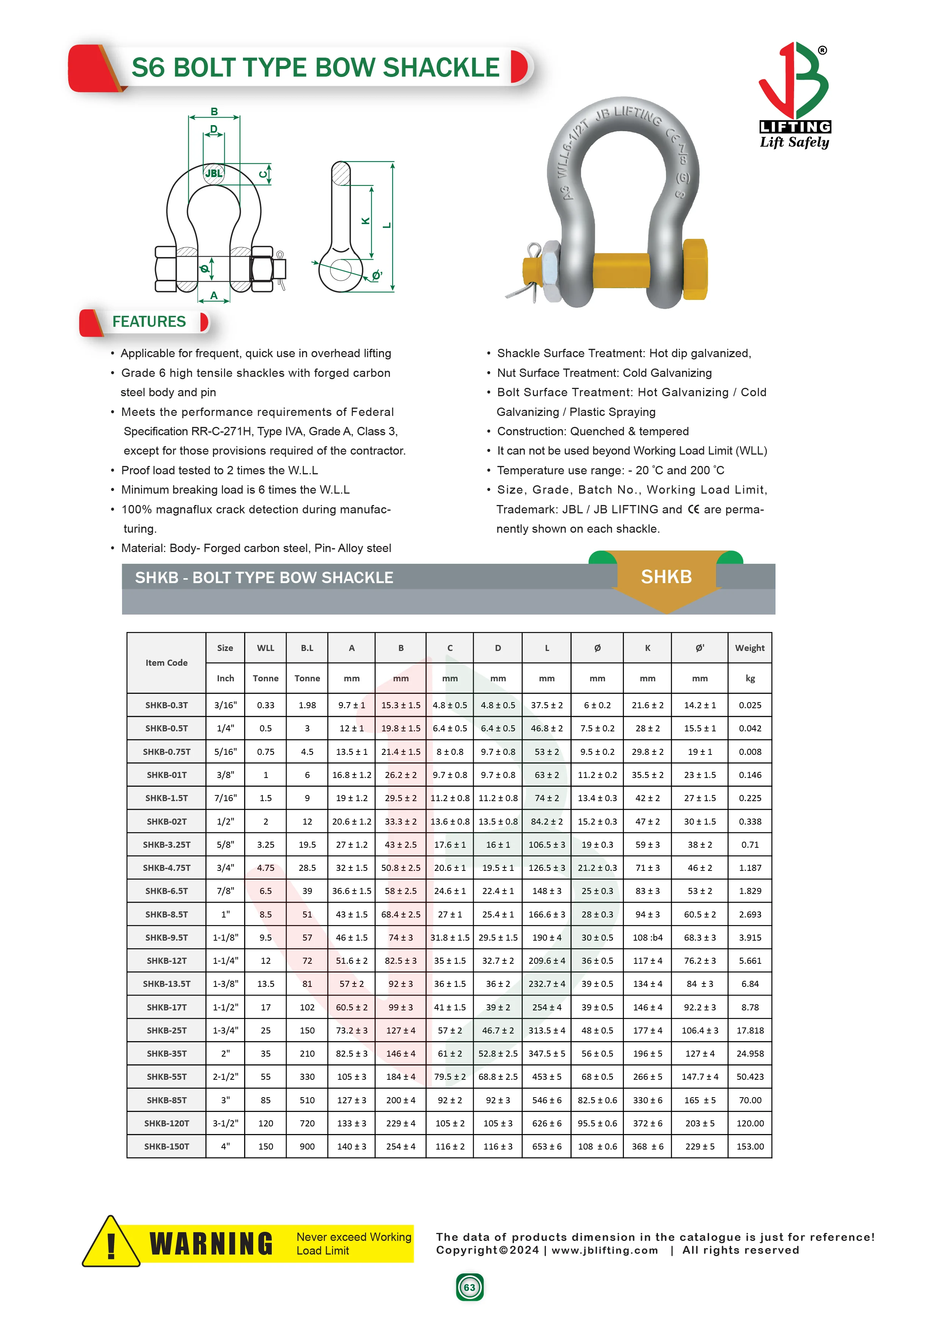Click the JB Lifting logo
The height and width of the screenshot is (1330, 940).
tap(794, 96)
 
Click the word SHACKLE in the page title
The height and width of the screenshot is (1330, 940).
tap(441, 68)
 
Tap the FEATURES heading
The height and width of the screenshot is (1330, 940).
tap(149, 322)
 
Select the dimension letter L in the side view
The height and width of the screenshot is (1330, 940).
tap(387, 225)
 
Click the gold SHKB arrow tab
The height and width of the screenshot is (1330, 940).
tap(666, 577)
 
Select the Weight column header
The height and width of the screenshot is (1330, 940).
tap(749, 648)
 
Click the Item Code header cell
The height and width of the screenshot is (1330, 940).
tap(166, 663)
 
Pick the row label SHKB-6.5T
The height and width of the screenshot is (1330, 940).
tap(166, 891)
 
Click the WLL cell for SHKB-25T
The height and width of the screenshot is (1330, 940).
tap(265, 1030)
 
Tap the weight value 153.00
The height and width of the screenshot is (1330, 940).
tap(749, 1146)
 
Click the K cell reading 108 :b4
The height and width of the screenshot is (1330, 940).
tap(647, 937)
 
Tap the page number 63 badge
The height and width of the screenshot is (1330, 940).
tap(469, 1288)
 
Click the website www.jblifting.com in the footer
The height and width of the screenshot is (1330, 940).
tap(604, 1250)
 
